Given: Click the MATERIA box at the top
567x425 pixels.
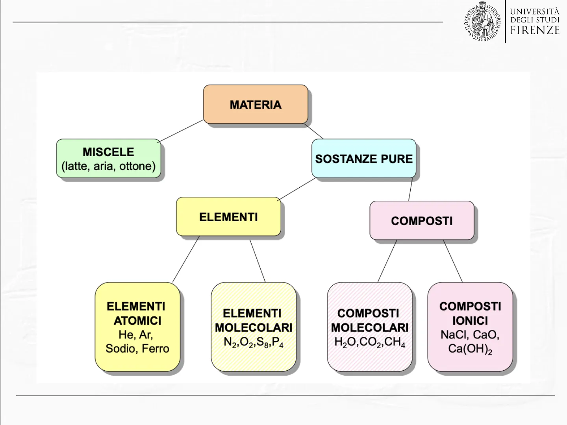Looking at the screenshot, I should click(256, 105).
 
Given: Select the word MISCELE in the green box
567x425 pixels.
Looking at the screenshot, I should click(108, 152).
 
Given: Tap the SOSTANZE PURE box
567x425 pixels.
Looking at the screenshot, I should click(364, 159).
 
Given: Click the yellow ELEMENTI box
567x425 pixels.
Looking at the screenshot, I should click(228, 217).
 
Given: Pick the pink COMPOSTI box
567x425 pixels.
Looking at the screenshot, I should click(422, 221).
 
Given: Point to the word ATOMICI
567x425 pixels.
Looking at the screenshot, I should click(137, 321).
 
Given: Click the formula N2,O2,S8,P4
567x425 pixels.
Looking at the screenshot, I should click(254, 342).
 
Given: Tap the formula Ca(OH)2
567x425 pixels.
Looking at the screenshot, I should click(470, 349).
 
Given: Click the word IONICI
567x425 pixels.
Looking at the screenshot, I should click(470, 321).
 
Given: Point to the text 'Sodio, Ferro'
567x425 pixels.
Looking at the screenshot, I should click(137, 349).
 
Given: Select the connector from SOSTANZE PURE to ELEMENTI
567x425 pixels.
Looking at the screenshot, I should click(297, 189).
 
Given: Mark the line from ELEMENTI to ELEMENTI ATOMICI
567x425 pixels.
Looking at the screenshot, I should click(186, 259).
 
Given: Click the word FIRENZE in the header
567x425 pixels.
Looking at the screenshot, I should click(535, 30).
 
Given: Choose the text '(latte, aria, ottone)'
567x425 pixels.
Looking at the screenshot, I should click(108, 166).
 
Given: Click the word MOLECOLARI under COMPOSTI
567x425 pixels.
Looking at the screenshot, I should click(370, 327).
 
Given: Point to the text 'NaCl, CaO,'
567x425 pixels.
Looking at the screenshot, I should click(470, 335).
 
